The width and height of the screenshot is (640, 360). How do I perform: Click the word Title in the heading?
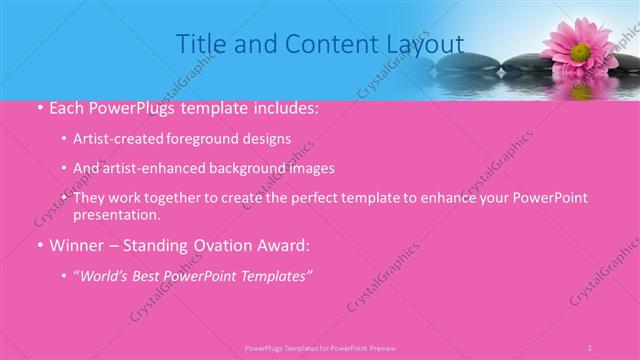199,44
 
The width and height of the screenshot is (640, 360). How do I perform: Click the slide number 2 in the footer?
590,347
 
